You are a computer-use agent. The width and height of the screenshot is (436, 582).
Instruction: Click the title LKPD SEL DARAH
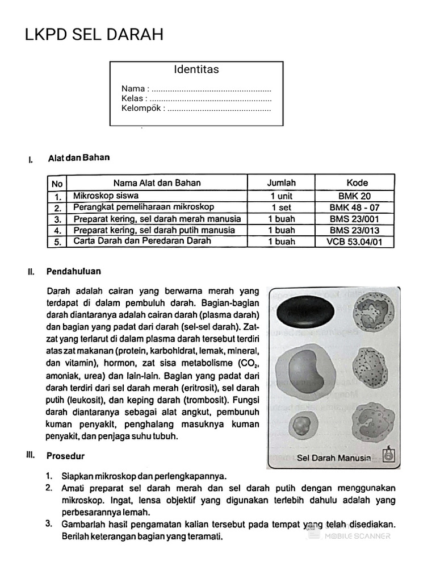(x=94, y=35)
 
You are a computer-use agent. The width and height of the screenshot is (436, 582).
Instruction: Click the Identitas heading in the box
(x=196, y=70)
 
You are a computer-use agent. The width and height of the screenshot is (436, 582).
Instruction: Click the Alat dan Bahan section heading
(x=79, y=157)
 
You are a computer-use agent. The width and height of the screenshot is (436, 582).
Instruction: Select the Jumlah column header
(x=282, y=183)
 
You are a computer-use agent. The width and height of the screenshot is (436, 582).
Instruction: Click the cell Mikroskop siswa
(x=106, y=196)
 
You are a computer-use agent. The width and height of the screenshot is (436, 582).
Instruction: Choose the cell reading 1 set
(x=282, y=207)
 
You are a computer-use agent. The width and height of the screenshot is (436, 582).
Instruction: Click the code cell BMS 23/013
(x=354, y=230)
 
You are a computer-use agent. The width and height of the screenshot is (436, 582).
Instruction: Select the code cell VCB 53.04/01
(x=354, y=242)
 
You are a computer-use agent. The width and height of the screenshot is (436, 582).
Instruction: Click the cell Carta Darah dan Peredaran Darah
(x=142, y=241)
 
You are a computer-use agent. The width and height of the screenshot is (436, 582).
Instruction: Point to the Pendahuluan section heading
(x=74, y=272)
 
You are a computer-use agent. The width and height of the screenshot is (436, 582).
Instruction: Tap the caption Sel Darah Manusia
(x=334, y=458)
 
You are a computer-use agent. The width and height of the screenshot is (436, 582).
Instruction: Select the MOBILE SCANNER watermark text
(x=357, y=536)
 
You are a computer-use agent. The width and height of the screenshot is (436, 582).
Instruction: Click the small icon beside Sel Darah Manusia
(x=388, y=455)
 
